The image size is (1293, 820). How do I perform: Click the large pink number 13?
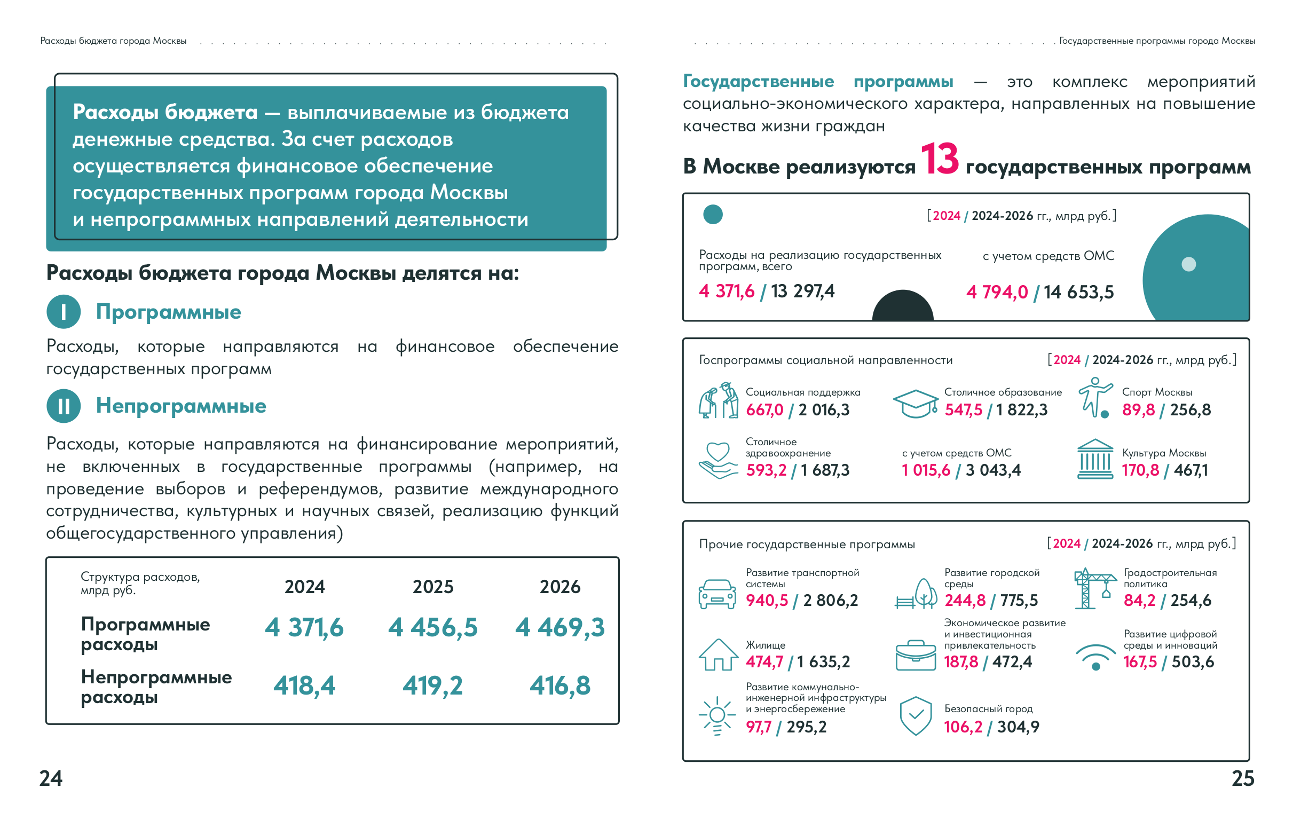[x=939, y=159]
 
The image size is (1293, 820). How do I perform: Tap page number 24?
[x=51, y=778]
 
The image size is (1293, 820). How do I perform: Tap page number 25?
[x=1242, y=778]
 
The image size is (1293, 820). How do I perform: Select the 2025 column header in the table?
[x=433, y=587]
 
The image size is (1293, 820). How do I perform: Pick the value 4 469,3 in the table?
[x=560, y=627]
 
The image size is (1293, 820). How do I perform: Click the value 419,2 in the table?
[x=433, y=686]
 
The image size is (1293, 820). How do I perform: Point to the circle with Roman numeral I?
[x=64, y=311]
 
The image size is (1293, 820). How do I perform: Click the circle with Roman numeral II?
[x=64, y=406]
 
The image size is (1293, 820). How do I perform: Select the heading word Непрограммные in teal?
[x=181, y=406]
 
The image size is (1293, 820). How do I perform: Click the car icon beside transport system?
[x=717, y=594]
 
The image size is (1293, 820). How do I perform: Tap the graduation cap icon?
[x=916, y=403]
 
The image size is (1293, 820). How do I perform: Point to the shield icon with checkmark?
[x=916, y=716]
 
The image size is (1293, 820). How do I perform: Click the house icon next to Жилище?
[x=718, y=655]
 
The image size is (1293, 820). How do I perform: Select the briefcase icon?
[x=916, y=655]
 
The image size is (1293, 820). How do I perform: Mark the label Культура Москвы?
[x=1164, y=453]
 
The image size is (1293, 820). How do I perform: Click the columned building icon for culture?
[x=1095, y=459]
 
